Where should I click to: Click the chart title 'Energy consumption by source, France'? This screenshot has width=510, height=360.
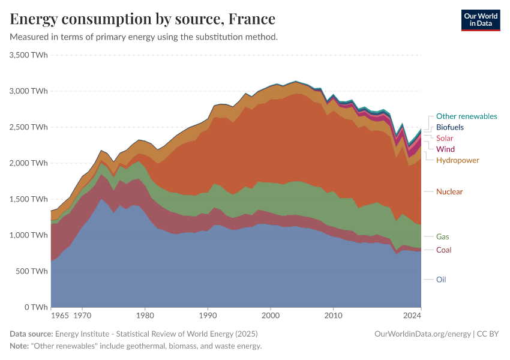click(x=143, y=19)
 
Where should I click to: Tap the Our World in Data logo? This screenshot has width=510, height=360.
click(x=480, y=20)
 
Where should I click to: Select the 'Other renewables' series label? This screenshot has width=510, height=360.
click(x=466, y=116)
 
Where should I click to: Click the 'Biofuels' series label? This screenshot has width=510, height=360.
click(x=449, y=127)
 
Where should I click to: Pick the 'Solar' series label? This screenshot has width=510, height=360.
click(x=445, y=139)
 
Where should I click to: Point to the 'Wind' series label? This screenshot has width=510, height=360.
click(x=445, y=149)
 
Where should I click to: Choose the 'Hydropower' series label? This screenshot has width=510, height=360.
click(x=457, y=160)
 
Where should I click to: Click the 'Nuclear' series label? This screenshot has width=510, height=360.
click(x=449, y=191)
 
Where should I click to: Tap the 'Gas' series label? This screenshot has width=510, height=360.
click(x=443, y=237)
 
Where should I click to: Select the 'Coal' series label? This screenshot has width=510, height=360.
click(x=444, y=250)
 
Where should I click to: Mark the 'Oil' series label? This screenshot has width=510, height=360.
click(x=441, y=280)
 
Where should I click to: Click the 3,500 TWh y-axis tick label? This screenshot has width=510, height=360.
click(x=29, y=55)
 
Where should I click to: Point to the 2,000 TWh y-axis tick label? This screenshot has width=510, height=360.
click(x=29, y=163)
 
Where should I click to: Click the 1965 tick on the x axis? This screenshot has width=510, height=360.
click(x=59, y=315)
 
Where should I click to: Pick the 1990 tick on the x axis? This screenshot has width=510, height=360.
click(x=208, y=315)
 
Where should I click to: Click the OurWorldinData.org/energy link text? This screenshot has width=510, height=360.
click(x=422, y=334)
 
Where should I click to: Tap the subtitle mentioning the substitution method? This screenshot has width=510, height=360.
click(x=143, y=37)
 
